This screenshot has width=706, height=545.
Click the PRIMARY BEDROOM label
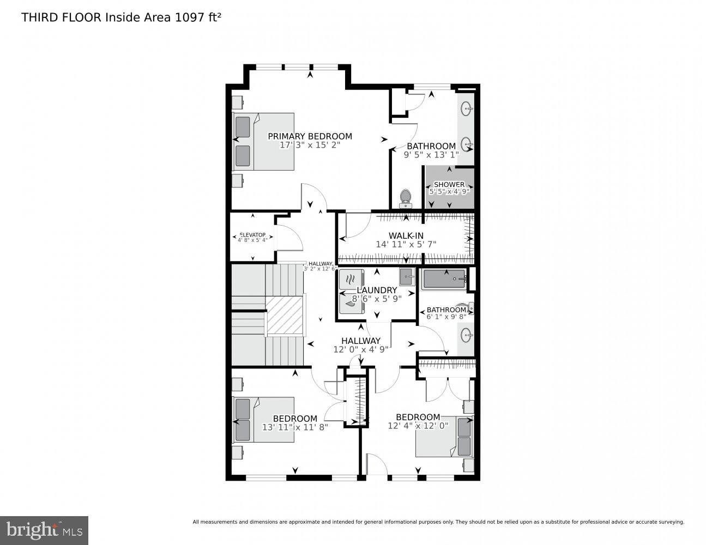(x=310, y=136)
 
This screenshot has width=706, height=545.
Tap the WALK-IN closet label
(x=406, y=235)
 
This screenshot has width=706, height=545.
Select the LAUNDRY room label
(x=376, y=290)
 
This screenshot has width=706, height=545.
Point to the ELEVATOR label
(x=252, y=235)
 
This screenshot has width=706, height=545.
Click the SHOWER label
(x=449, y=185)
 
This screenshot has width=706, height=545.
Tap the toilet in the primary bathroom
(x=405, y=198)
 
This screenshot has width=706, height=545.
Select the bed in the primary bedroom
(x=264, y=142)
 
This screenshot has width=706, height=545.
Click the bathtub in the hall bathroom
(x=444, y=279)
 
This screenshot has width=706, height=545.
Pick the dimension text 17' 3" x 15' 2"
(x=310, y=146)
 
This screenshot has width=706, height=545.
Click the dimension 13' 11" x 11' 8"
(x=295, y=427)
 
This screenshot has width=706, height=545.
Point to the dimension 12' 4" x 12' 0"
(x=418, y=426)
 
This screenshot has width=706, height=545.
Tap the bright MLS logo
(x=44, y=530)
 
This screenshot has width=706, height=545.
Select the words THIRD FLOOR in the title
(x=61, y=17)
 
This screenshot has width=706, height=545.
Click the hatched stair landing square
(x=284, y=317)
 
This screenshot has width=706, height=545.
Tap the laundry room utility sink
(x=407, y=277)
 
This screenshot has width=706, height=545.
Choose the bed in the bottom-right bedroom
(x=444, y=437)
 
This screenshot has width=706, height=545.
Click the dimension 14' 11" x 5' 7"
(x=406, y=245)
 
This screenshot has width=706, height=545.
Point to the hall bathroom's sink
(x=466, y=334)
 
